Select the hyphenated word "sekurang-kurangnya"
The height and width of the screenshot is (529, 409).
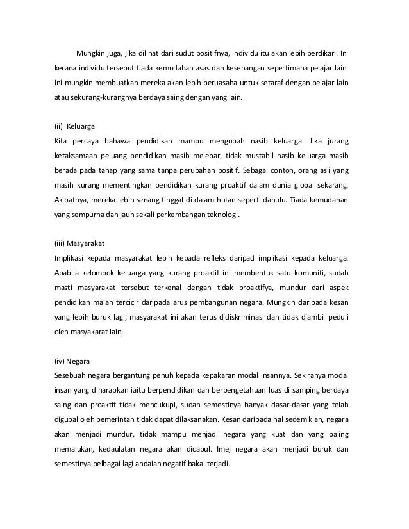[103, 99]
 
